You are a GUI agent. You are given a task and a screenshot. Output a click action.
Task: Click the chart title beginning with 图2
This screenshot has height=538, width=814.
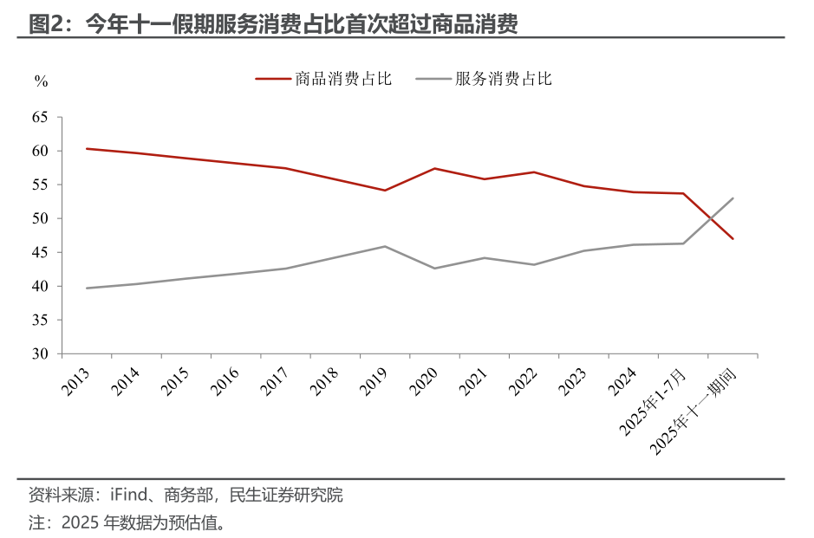pyautogui.click(x=273, y=24)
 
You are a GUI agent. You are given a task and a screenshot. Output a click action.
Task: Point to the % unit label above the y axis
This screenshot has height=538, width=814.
pyautogui.click(x=41, y=81)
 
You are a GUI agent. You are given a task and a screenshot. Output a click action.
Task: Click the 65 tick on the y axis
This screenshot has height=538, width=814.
pyautogui.click(x=41, y=117)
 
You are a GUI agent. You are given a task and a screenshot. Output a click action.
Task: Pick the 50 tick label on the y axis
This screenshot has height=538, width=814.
pyautogui.click(x=41, y=218)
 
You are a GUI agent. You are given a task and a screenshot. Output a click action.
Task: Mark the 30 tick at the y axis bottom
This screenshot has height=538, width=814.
pyautogui.click(x=41, y=353)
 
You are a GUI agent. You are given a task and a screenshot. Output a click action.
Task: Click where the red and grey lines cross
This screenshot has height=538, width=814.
pyautogui.click(x=710, y=217)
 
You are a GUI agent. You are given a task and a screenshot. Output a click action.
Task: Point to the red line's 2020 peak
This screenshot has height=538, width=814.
pyautogui.click(x=434, y=168)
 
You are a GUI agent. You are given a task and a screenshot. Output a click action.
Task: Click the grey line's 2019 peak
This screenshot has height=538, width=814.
pyautogui.click(x=385, y=246)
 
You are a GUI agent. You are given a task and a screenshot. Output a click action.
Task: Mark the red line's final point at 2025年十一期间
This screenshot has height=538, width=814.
pyautogui.click(x=733, y=239)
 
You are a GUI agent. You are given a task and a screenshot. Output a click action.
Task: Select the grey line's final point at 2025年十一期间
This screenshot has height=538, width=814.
pyautogui.click(x=733, y=198)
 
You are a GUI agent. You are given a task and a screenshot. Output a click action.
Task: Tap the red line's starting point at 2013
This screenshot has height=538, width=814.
pyautogui.click(x=87, y=148)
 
